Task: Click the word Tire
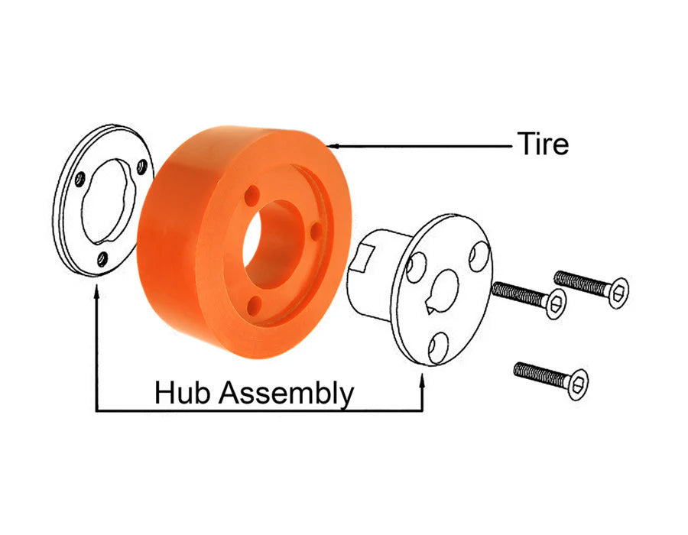(543, 144)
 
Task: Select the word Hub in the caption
(182, 392)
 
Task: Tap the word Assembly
(286, 394)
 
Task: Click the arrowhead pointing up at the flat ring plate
(96, 290)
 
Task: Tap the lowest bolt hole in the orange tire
(254, 305)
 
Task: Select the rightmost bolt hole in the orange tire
(316, 231)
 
